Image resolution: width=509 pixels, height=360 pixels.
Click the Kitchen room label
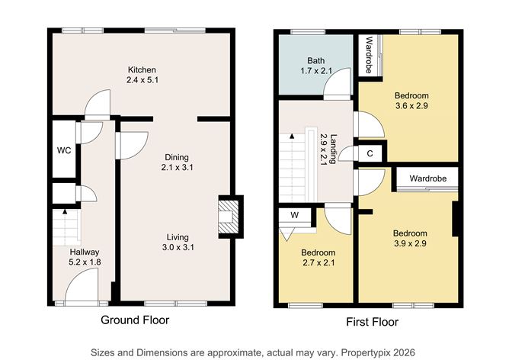[141, 69]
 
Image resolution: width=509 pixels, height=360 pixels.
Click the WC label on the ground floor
[64, 150]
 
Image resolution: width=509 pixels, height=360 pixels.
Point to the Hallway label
[85, 252]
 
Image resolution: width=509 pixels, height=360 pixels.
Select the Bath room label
[316, 60]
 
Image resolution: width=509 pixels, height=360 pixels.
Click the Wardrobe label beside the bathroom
[368, 54]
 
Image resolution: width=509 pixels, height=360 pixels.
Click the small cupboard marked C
[370, 153]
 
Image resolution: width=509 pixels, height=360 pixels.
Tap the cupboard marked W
[293, 216]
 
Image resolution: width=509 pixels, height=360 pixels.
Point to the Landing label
[334, 145]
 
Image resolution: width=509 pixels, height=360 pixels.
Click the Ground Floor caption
[135, 320]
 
